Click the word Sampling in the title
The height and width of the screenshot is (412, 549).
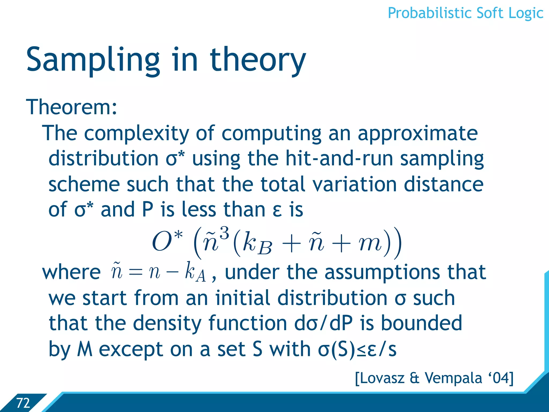93,60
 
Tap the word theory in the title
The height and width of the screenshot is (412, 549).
258,60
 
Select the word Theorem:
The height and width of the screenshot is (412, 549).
72,107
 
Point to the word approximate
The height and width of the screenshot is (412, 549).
418,133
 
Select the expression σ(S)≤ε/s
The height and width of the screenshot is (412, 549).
357,349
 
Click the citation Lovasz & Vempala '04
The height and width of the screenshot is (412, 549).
434,378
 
